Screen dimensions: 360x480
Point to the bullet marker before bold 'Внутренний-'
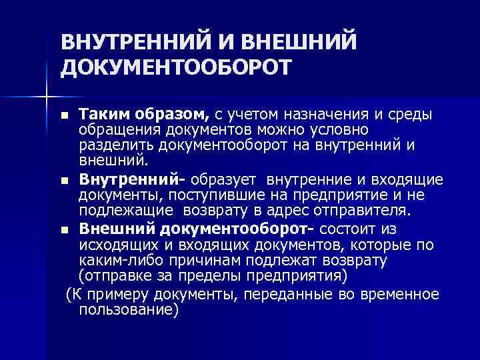tap(63, 181)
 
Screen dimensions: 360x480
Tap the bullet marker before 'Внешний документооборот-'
tap(63, 229)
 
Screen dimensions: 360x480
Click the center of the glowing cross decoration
tap(46, 97)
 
